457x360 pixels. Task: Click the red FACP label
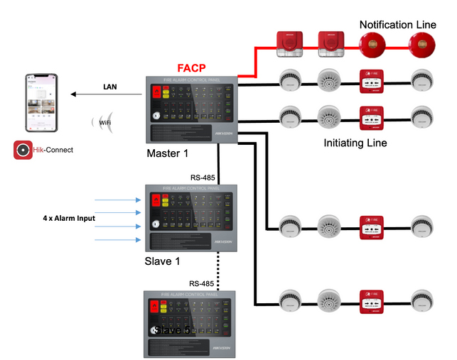(192, 67)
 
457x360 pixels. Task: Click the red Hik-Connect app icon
(23, 151)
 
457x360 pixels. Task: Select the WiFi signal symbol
(104, 122)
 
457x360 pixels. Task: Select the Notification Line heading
(397, 25)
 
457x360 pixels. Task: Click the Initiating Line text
(355, 143)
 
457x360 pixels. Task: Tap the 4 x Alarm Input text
(68, 218)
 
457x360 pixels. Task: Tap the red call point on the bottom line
(372, 301)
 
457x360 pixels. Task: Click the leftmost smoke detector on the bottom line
(291, 301)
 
